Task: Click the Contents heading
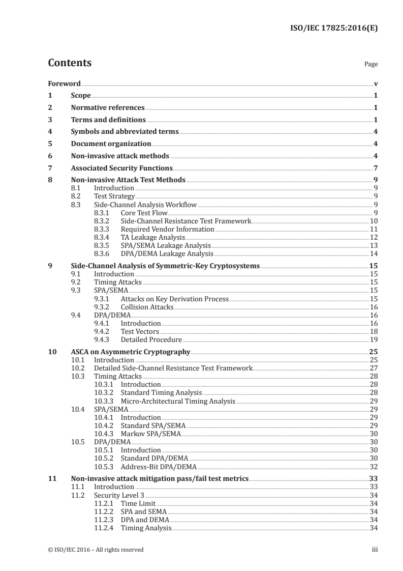point(70,63)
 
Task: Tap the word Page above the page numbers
point(371,64)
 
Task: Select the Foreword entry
point(64,83)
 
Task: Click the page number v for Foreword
point(376,83)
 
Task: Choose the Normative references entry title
point(108,108)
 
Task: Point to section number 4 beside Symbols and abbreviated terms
point(50,132)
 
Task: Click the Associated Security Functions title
point(122,168)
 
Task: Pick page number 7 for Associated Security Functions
point(376,168)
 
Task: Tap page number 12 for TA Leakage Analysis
point(374,238)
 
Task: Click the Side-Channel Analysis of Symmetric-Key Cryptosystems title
point(165,266)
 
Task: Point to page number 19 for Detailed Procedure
point(374,339)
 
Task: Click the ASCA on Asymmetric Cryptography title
point(131,352)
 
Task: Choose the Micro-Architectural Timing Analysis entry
point(178,401)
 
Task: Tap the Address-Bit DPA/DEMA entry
point(158,466)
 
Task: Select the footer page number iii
point(374,549)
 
